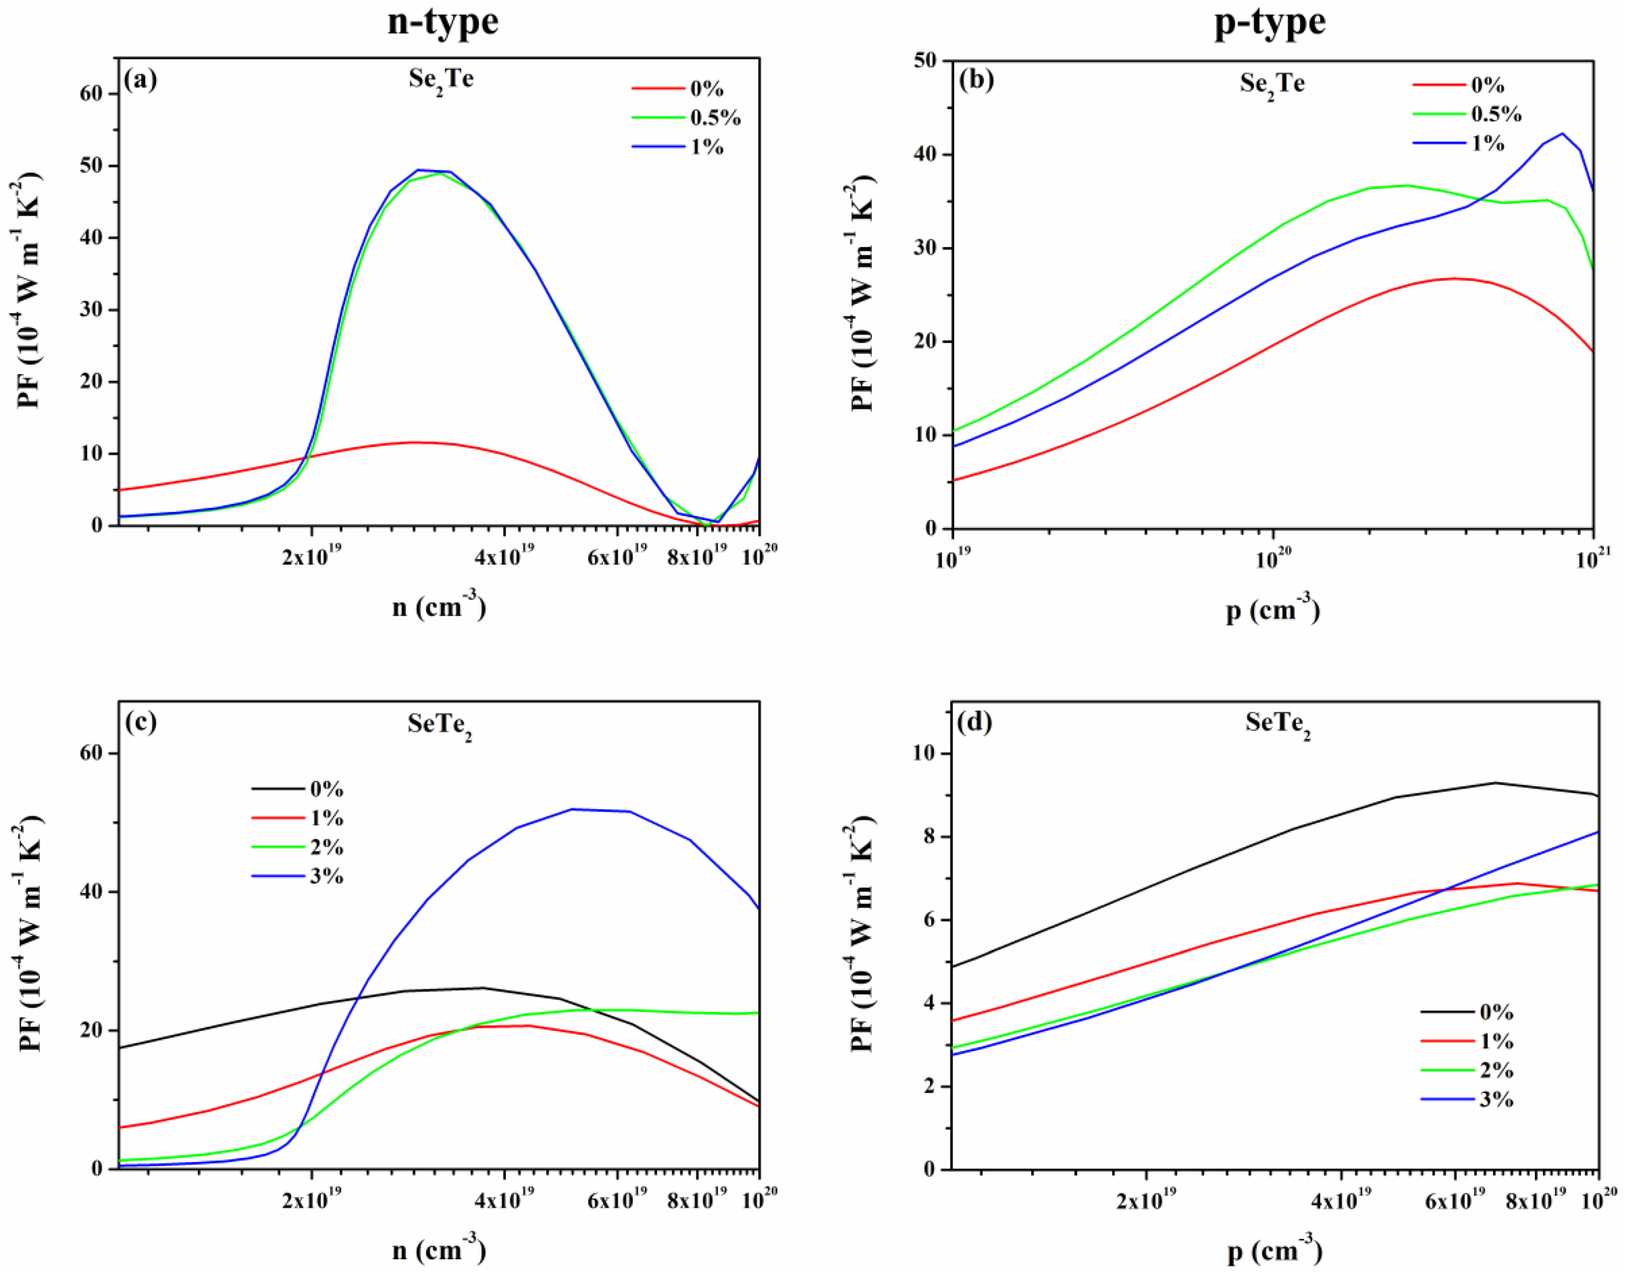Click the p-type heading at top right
tap(1269, 22)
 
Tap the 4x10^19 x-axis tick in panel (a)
tap(503, 558)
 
